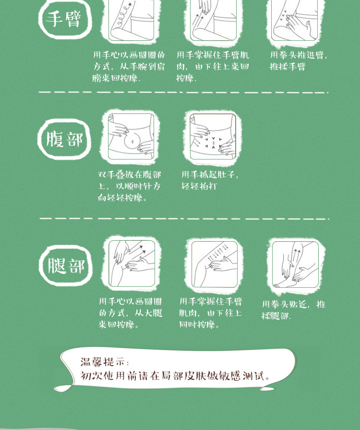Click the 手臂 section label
pos(63,19)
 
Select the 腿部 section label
pos(66,266)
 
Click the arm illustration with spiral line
pos(131,20)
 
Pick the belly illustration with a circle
pos(131,136)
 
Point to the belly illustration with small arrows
pos(213,136)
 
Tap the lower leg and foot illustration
pos(295,264)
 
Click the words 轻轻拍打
pos(199,186)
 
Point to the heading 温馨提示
pos(102,362)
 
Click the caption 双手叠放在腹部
pos(130,175)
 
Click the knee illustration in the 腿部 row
pos(214,264)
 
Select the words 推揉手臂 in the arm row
pos(288,66)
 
